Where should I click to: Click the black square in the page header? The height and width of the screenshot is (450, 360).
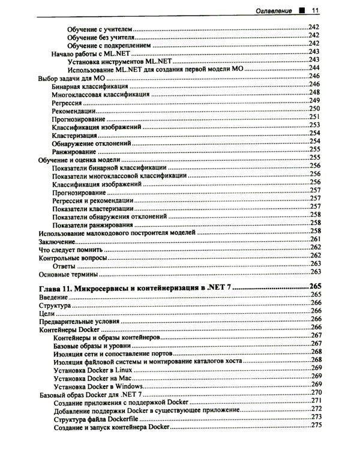click(x=303, y=10)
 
